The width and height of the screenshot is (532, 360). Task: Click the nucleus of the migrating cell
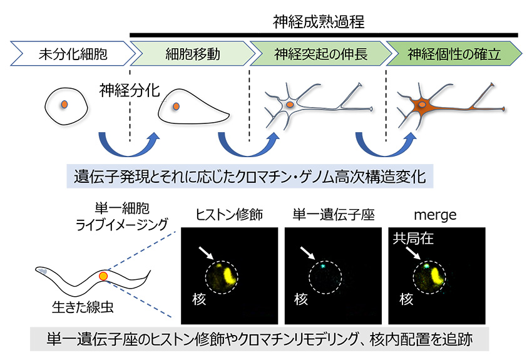click(x=176, y=107)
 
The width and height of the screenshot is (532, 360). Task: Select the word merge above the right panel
click(x=430, y=217)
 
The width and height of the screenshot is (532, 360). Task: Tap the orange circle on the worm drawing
click(x=104, y=275)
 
